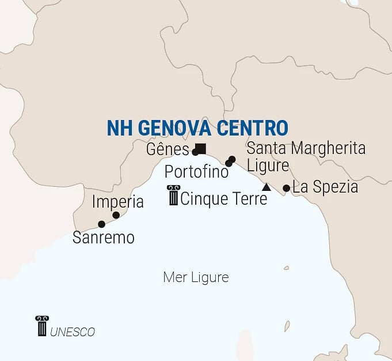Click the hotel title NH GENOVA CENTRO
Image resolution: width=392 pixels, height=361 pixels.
tap(197, 128)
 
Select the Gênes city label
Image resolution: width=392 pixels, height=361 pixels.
tap(168, 150)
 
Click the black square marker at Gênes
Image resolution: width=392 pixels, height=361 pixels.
tap(201, 148)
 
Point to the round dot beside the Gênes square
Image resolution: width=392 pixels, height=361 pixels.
tap(195, 153)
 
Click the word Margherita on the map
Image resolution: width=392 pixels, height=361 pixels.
tap(328, 148)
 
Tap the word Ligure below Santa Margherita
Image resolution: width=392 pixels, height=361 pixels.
tap(268, 166)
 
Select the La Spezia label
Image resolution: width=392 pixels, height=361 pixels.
tap(325, 187)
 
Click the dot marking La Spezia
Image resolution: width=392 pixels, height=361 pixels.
tap(286, 188)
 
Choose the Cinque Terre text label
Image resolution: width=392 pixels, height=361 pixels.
tap(224, 199)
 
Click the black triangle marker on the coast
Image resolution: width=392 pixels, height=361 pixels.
tap(266, 187)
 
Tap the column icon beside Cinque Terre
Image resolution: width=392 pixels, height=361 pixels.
tap(173, 195)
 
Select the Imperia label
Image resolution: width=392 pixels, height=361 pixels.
tap(118, 202)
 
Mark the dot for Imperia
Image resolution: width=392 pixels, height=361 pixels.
tap(116, 215)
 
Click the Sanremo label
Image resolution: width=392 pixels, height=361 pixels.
tap(104, 237)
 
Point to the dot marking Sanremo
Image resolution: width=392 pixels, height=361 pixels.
tap(101, 224)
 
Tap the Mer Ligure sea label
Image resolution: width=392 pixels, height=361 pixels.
tap(196, 277)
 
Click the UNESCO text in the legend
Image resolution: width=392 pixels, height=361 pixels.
tap(73, 332)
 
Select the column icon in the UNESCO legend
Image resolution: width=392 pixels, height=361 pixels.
tap(41, 326)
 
